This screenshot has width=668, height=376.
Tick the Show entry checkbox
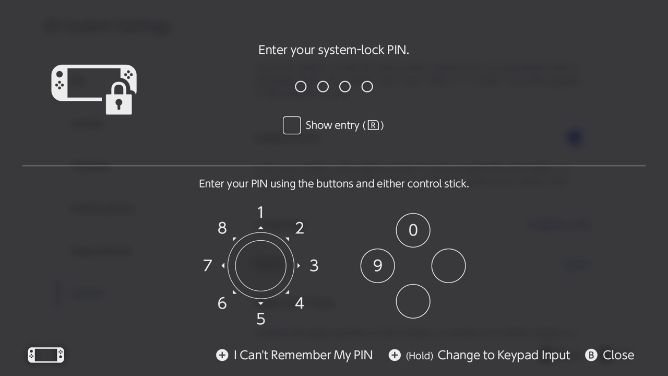(x=292, y=125)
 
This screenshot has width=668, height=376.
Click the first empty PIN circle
(x=301, y=87)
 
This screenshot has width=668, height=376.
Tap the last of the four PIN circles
(x=367, y=87)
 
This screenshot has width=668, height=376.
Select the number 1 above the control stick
(x=260, y=213)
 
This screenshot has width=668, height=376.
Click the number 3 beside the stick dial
(x=314, y=266)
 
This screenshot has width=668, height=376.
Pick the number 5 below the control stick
(x=260, y=319)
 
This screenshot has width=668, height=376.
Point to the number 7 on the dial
(x=208, y=266)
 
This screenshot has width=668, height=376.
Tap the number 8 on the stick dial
(x=222, y=228)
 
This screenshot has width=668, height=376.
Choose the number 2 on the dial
(x=300, y=228)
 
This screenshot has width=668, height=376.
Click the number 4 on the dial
(x=300, y=303)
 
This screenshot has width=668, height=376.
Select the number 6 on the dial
(x=222, y=303)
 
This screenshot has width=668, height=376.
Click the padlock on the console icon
(x=119, y=99)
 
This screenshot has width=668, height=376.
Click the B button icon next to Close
(x=591, y=355)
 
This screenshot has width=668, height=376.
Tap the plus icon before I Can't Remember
(x=222, y=355)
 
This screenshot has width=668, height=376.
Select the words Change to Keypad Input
(x=504, y=355)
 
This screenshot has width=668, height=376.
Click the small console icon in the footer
(x=46, y=355)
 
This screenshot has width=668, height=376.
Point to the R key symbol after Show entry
(x=373, y=125)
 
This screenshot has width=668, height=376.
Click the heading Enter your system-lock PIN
(x=333, y=50)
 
